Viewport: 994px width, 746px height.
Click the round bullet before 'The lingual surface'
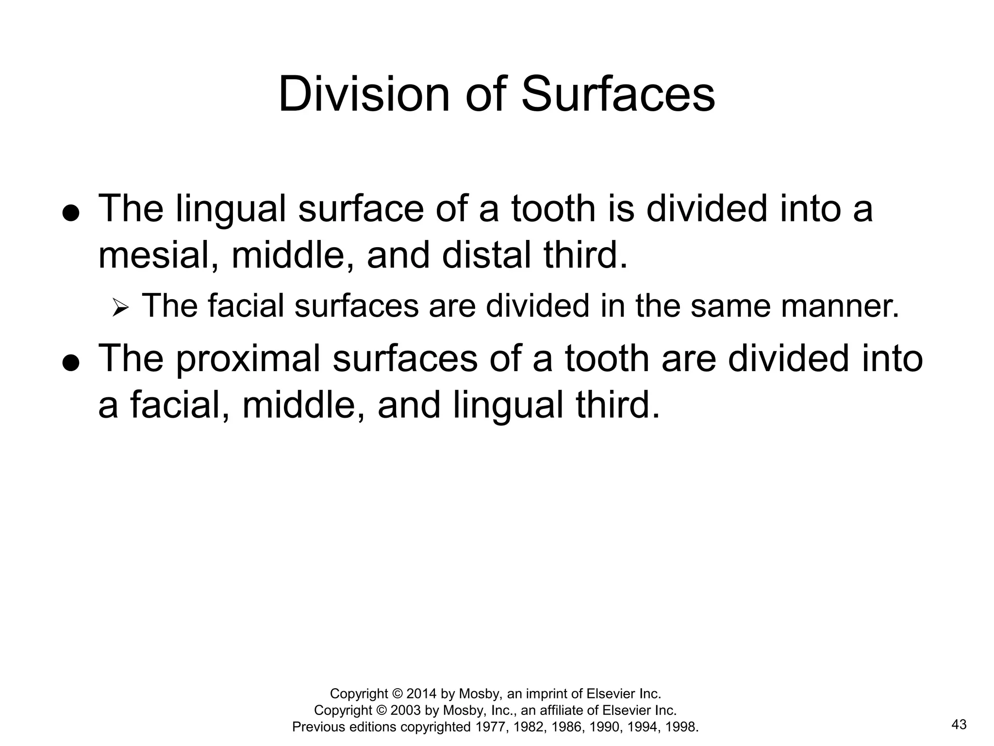tap(71, 214)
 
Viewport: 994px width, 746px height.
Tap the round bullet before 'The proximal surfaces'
tap(71, 363)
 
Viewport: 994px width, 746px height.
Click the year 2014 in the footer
tap(422, 693)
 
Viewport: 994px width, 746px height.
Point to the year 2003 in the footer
tap(406, 710)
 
